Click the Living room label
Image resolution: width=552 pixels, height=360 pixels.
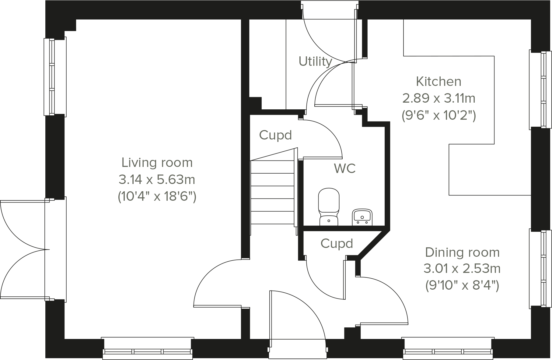(x=157, y=163)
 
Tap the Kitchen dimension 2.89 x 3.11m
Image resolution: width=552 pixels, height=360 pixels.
(x=438, y=98)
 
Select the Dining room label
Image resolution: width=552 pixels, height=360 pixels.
(x=462, y=252)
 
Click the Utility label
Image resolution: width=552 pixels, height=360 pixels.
(x=315, y=62)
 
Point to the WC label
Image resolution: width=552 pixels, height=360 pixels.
(x=344, y=168)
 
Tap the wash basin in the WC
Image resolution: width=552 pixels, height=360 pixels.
(x=362, y=217)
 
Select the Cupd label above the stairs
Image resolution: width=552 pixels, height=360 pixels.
(x=275, y=135)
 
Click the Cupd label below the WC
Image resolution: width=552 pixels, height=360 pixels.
(x=337, y=244)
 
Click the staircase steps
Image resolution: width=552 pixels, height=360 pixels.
(x=272, y=192)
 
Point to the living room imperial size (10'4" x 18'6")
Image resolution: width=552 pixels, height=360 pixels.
(x=157, y=197)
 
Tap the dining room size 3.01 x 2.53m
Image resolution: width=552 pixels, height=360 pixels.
(x=462, y=269)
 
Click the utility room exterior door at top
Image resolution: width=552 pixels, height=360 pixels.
(x=329, y=30)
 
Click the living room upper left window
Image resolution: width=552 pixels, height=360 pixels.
(x=52, y=77)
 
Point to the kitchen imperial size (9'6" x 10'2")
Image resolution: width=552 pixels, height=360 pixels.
(x=438, y=116)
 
